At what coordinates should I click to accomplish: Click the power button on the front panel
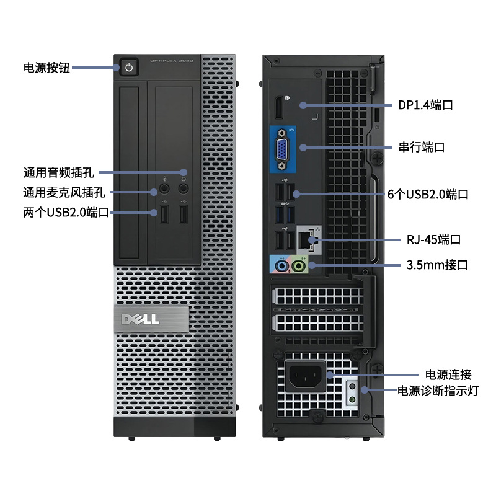(x=128, y=67)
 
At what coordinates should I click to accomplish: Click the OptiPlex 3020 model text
(x=172, y=61)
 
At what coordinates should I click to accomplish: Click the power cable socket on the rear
(x=305, y=375)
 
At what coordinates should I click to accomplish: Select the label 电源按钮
(x=46, y=68)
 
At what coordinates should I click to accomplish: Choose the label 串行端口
(x=422, y=147)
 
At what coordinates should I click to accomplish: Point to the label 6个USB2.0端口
(x=428, y=194)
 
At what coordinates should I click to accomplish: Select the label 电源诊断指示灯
(x=438, y=391)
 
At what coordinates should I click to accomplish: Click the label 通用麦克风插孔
(x=64, y=192)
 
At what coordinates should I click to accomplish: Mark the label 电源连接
(x=448, y=374)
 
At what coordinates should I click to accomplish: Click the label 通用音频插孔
(x=58, y=172)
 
